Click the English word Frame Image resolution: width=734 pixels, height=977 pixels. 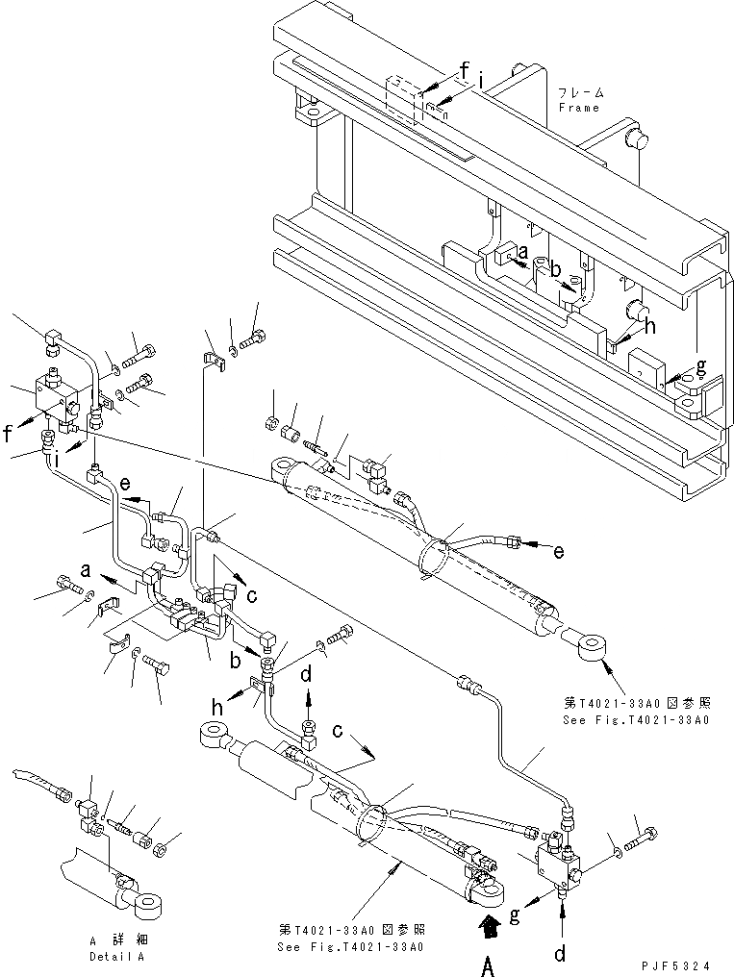[579, 108]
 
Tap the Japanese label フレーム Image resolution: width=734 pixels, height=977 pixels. [580, 93]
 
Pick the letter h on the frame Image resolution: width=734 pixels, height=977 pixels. [651, 326]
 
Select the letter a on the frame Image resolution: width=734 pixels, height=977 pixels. [521, 254]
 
